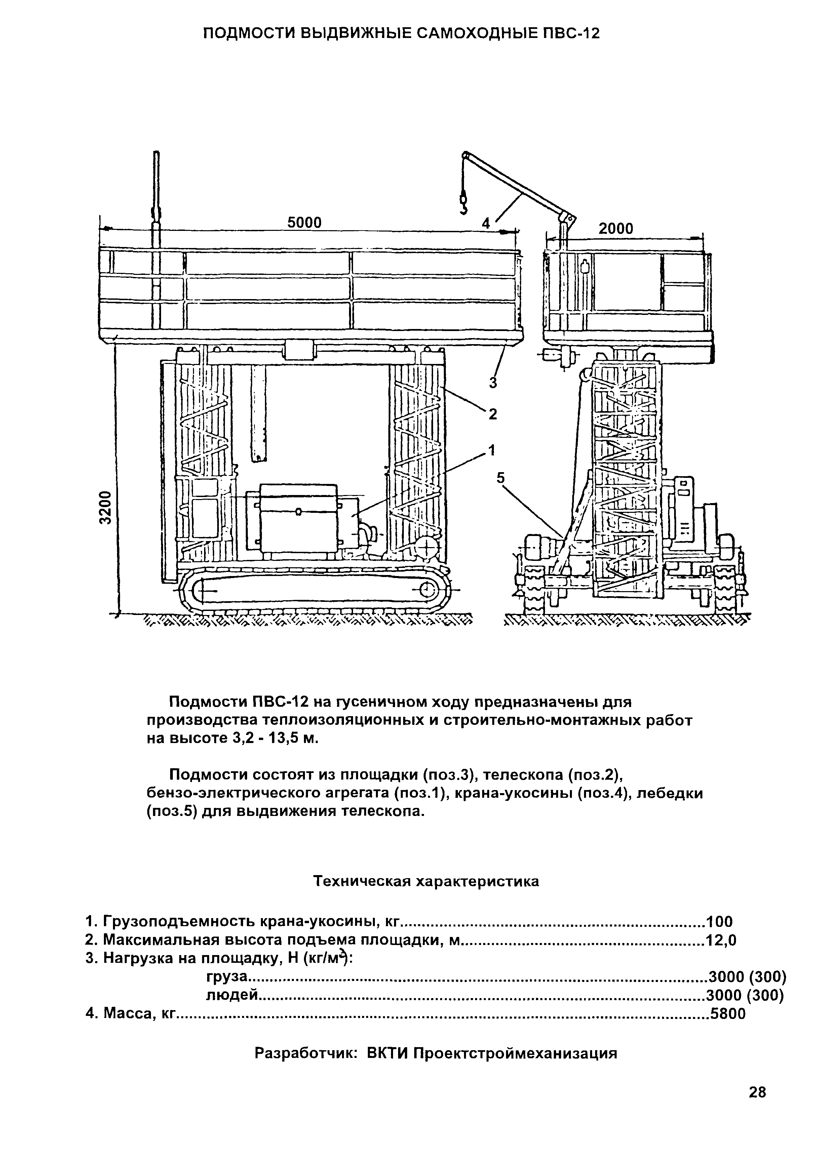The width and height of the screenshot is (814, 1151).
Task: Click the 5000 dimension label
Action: pos(304,222)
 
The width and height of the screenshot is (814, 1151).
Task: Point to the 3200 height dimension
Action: pos(105,507)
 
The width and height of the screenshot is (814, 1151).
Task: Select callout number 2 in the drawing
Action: pos(493,414)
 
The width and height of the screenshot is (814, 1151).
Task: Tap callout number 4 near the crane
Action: pos(486,223)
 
